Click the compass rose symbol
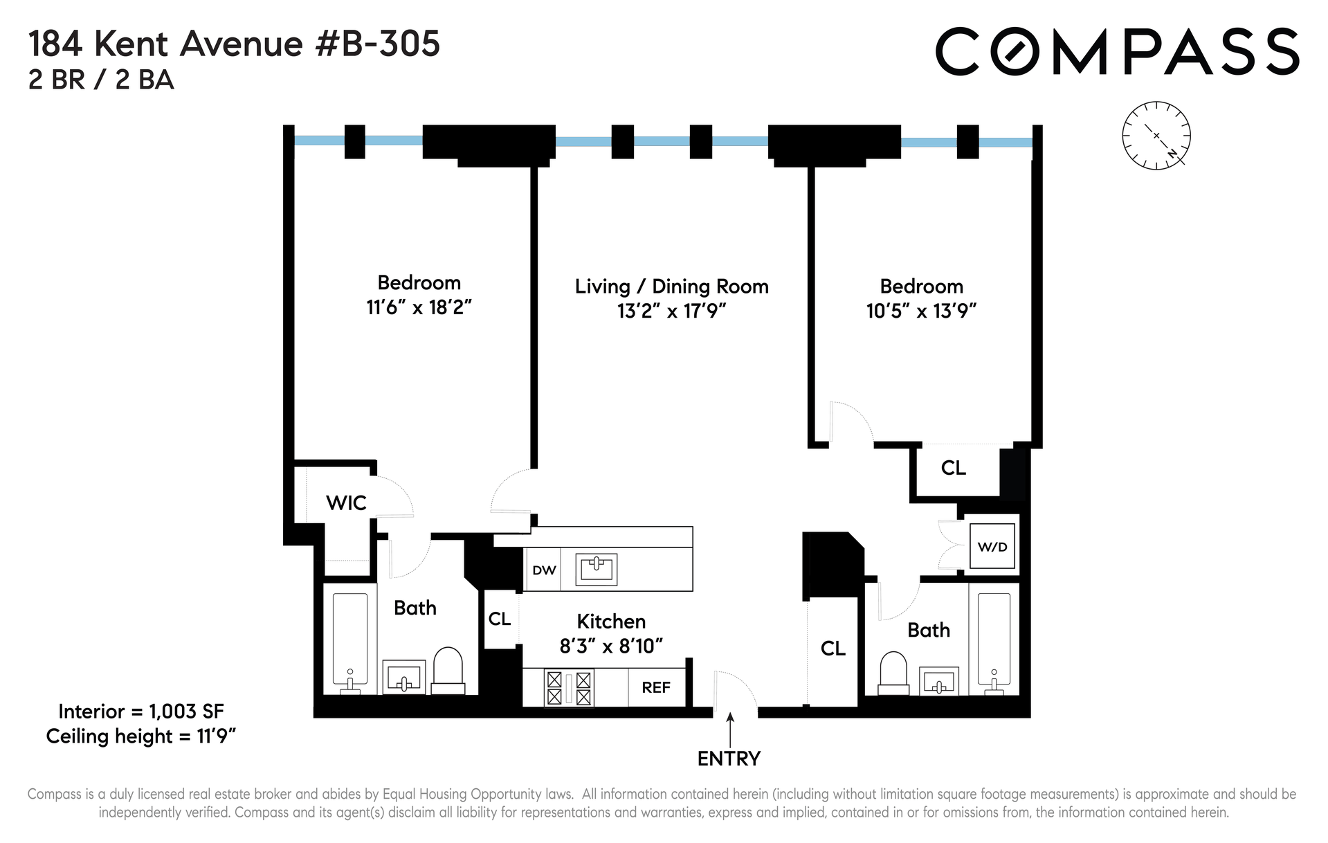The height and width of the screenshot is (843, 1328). coord(1156,136)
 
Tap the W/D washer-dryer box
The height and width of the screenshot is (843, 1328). coord(992,546)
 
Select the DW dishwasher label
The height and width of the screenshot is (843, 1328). coord(544,570)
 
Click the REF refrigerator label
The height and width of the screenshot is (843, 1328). coord(656,687)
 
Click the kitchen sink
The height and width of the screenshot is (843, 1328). coord(596,569)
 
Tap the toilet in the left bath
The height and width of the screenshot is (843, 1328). coord(448,671)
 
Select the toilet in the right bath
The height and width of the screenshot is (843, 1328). coord(893,673)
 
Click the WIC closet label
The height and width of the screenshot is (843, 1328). coord(346,503)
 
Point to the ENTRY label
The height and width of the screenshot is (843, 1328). coord(729,759)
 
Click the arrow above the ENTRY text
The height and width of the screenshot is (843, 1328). coord(729,730)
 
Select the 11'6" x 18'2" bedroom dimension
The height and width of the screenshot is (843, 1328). coord(419,307)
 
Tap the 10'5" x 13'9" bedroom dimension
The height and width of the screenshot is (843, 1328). coord(921,311)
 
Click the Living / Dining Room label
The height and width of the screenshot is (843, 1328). coord(672,287)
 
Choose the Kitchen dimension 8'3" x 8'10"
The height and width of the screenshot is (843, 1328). coord(611,646)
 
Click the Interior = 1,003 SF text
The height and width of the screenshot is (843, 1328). coord(141,711)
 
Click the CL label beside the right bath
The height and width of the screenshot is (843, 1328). coord(833,649)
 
